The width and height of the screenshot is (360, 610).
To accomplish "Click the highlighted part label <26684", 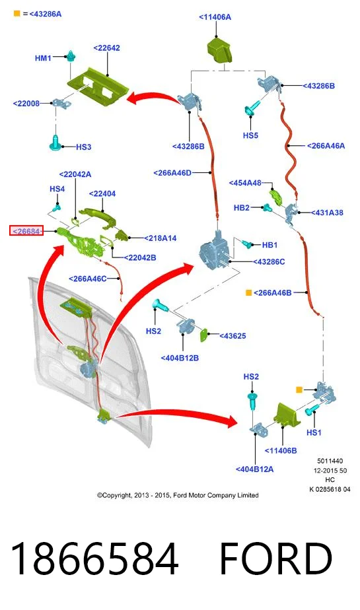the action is tap(26, 231).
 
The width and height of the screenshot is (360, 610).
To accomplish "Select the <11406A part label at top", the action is tap(215, 17).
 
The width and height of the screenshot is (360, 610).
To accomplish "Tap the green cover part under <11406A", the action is tap(219, 50).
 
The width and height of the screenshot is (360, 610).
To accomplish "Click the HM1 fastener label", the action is tap(43, 58).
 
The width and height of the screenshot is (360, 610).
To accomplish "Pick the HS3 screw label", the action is tap(84, 147).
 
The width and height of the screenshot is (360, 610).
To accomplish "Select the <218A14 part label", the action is tap(160, 238).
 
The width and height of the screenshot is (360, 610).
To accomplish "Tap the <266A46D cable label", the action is tap(172, 173).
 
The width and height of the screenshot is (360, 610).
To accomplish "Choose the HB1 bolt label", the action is tap(270, 245).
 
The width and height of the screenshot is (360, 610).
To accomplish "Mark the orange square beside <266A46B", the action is tap(248, 292).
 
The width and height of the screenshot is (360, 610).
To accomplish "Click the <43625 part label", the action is tap(233, 336).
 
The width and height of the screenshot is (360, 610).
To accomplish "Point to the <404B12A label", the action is tap(254, 469).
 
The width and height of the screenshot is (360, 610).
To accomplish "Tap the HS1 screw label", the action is tap(314, 432).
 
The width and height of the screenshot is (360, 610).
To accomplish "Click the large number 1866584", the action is tap(94, 558).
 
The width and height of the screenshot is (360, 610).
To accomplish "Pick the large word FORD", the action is tap(276, 558).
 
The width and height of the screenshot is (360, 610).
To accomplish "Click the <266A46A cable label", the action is tap(326, 146).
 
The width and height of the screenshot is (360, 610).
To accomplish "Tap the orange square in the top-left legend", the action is tap(17, 14).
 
